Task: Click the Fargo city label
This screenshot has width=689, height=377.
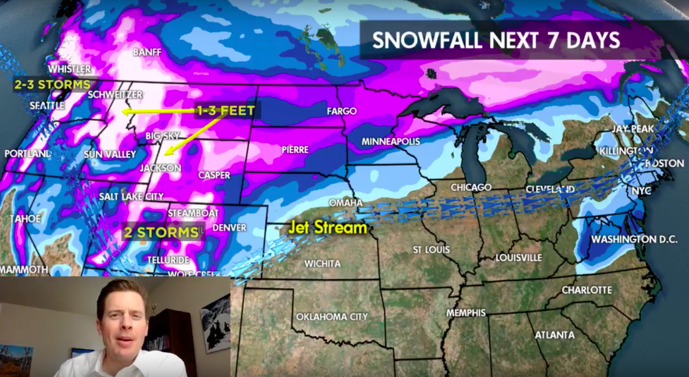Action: pyautogui.click(x=342, y=111)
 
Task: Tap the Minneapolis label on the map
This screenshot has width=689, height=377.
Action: pyautogui.click(x=390, y=141)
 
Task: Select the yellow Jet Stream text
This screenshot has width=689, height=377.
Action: pyautogui.click(x=327, y=228)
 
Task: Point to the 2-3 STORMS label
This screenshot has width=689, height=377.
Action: pyautogui.click(x=52, y=85)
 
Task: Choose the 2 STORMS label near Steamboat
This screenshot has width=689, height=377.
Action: pyautogui.click(x=161, y=233)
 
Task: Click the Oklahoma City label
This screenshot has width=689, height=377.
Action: pyautogui.click(x=332, y=317)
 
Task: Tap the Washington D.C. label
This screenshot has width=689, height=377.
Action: pyautogui.click(x=634, y=239)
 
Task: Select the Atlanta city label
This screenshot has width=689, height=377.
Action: pyautogui.click(x=554, y=335)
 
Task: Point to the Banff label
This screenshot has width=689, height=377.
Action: pyautogui.click(x=147, y=52)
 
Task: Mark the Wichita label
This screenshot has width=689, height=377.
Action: pyautogui.click(x=322, y=264)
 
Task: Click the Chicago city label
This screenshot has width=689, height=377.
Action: pyautogui.click(x=471, y=187)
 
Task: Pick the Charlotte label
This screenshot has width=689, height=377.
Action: pyautogui.click(x=586, y=290)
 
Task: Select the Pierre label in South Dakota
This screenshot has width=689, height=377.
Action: pyautogui.click(x=295, y=150)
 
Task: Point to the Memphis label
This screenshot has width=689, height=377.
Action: pyautogui.click(x=466, y=313)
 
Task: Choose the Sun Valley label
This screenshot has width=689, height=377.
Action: pyautogui.click(x=110, y=154)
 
